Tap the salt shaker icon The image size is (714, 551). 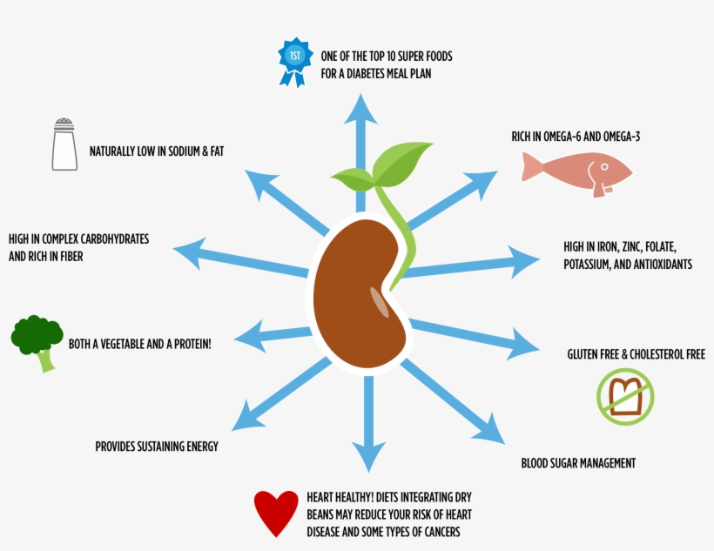64,144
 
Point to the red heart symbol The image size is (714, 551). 276,513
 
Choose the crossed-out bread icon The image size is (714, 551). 625,395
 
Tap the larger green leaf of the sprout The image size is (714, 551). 403,163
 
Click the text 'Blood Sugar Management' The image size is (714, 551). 578,463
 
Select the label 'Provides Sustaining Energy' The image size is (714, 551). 157,447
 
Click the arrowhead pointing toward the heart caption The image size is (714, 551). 369,456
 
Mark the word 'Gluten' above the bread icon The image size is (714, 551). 583,354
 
